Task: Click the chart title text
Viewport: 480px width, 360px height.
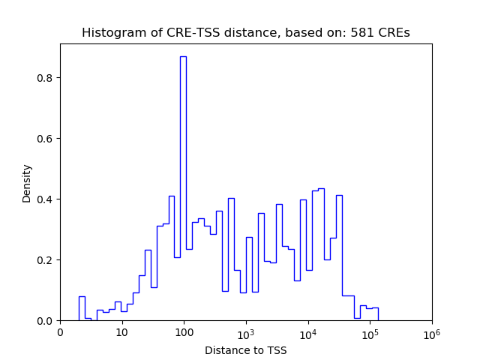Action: click(245, 33)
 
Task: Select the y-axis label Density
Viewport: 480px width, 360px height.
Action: click(27, 183)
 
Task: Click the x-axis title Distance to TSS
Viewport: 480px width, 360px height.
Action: click(245, 349)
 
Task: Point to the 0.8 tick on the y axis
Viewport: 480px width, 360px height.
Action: click(45, 78)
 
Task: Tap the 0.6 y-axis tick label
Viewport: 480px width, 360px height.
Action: click(45, 139)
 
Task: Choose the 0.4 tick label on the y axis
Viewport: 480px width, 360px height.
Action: click(45, 199)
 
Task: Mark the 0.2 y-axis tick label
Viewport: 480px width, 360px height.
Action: click(45, 260)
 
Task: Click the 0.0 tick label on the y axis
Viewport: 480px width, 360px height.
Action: click(45, 321)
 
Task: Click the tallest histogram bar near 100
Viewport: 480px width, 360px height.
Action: click(183, 187)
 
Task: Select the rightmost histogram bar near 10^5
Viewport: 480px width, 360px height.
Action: click(375, 314)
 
